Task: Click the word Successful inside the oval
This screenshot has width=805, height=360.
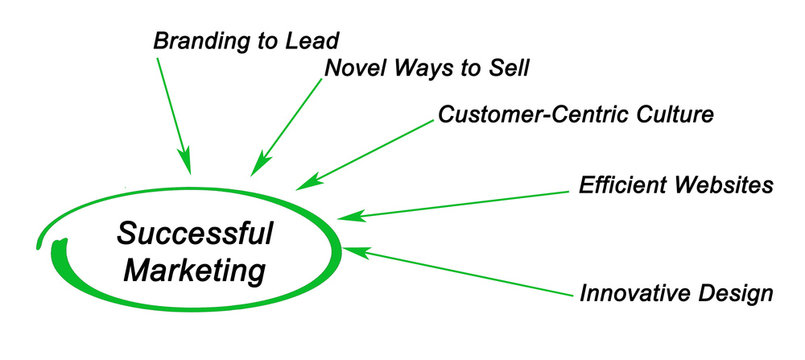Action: coord(195,234)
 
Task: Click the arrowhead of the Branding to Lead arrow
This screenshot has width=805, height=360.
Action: coord(185,162)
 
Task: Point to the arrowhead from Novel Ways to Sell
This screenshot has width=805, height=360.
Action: coord(256,167)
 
